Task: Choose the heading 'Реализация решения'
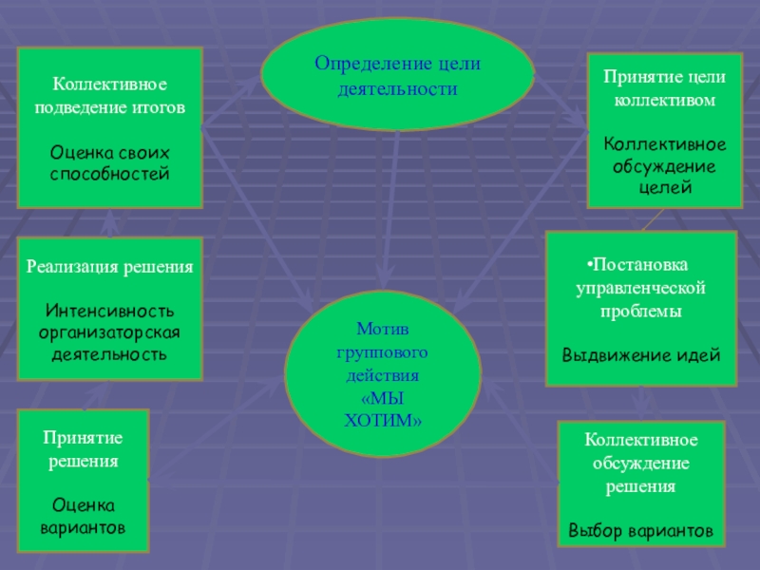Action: click(110, 268)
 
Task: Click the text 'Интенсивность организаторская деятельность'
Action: click(110, 332)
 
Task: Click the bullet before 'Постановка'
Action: click(589, 263)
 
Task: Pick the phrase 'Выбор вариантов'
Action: click(640, 529)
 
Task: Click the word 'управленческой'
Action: click(641, 286)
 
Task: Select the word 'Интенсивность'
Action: click(110, 311)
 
